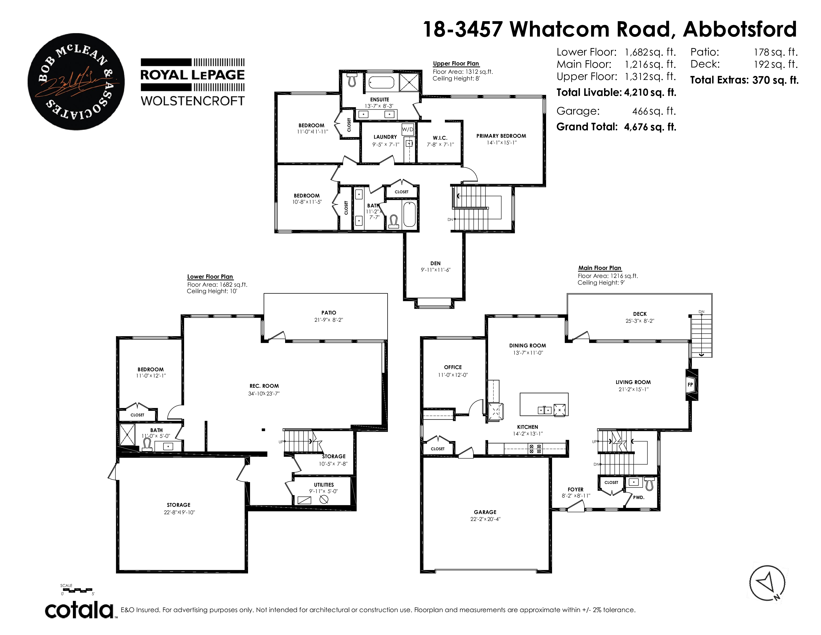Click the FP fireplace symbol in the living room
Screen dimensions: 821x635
point(690,385)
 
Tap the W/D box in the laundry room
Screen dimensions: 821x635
point(408,130)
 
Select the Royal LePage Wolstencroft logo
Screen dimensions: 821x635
point(193,82)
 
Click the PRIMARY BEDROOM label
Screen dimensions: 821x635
point(501,136)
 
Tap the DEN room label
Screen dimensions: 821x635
point(435,263)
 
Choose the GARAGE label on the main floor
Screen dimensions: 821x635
point(485,512)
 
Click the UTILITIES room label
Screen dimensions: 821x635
point(324,485)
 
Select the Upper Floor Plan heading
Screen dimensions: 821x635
point(456,63)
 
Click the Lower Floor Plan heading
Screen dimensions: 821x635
point(210,276)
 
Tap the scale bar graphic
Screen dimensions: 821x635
point(77,590)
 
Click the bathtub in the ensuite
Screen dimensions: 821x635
point(381,82)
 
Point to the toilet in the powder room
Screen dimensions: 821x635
point(649,484)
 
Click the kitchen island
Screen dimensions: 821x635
point(544,404)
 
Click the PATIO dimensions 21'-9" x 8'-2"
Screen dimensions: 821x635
point(329,320)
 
